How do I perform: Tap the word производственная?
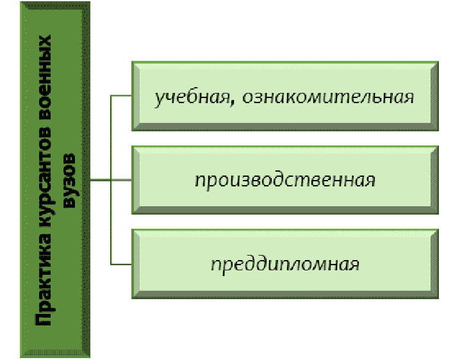(x=285, y=180)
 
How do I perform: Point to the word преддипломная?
(x=285, y=263)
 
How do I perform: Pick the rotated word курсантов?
(x=45, y=186)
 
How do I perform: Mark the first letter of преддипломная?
(x=215, y=265)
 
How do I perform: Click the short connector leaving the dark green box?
(x=101, y=180)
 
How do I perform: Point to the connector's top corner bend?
(x=111, y=96)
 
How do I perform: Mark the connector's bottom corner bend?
(x=111, y=263)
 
